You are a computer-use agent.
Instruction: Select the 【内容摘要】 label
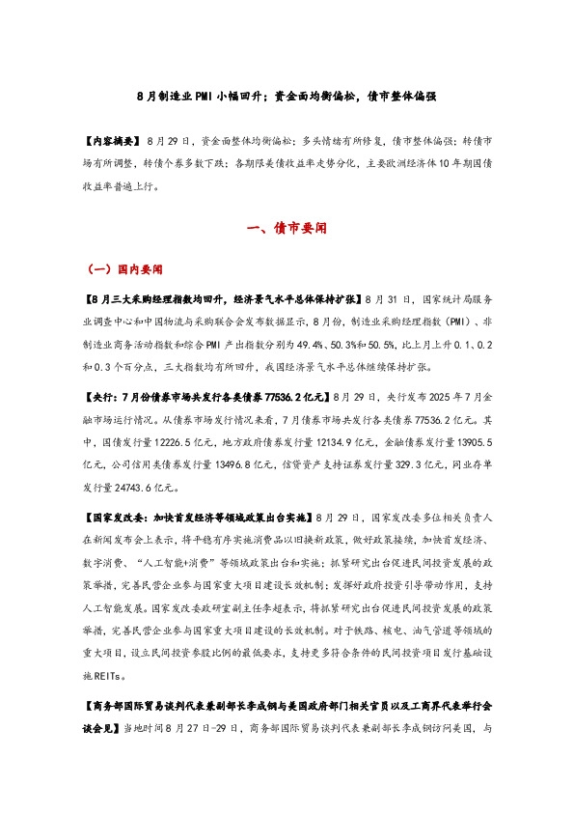pos(111,141)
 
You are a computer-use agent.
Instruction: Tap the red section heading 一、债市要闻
pos(287,229)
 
